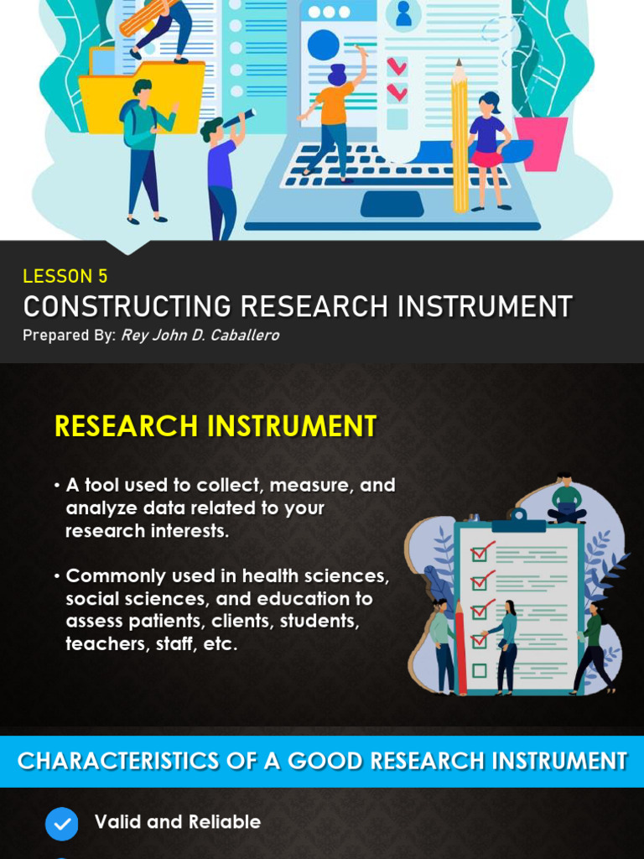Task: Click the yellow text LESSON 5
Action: click(x=65, y=276)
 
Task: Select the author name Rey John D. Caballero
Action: click(x=200, y=336)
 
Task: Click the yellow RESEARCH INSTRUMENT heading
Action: click(x=216, y=426)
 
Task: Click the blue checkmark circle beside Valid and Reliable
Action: click(x=62, y=824)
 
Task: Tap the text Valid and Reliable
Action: click(x=177, y=822)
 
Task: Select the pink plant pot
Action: click(x=540, y=143)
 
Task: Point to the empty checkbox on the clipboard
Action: click(x=479, y=670)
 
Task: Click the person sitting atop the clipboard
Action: click(x=566, y=500)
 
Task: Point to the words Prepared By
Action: click(x=68, y=336)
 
